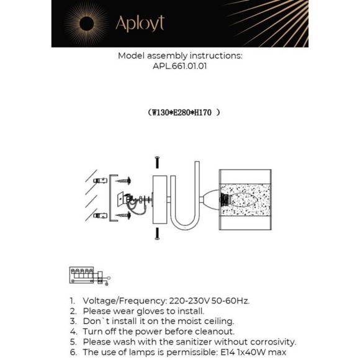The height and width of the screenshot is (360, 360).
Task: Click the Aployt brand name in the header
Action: tap(140, 24)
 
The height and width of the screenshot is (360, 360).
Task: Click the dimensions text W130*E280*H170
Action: tap(184, 113)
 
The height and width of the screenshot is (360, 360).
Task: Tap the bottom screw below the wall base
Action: tap(158, 233)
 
